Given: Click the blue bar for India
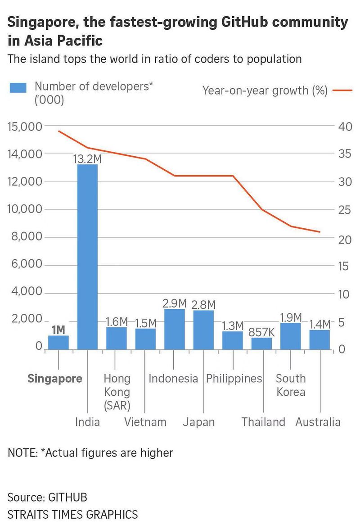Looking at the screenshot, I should pos(87,257).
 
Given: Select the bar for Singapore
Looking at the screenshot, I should pos(58,342).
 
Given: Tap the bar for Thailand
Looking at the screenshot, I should pos(261,344).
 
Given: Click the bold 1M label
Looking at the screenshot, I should pos(58,330).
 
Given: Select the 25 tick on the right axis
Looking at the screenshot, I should pos(343,210).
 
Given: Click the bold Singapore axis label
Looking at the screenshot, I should pos(55,379).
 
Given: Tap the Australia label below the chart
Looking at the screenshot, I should pos(318,422).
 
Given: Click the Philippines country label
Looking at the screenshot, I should pos(234,379).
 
